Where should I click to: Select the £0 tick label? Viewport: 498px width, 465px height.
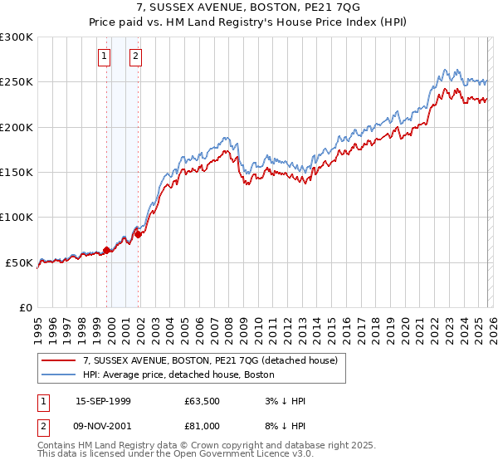[x=25, y=307]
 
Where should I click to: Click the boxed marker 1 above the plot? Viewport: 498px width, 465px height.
[x=105, y=56]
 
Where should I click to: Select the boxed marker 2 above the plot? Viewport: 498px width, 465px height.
[x=135, y=56]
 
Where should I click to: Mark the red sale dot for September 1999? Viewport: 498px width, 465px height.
[x=107, y=250]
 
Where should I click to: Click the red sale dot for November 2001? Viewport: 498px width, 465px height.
[x=139, y=234]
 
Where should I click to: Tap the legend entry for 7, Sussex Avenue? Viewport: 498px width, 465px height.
[x=209, y=360]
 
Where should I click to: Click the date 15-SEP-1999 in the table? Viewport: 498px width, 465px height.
[x=103, y=401]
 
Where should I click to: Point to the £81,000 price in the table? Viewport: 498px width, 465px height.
[x=203, y=425]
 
